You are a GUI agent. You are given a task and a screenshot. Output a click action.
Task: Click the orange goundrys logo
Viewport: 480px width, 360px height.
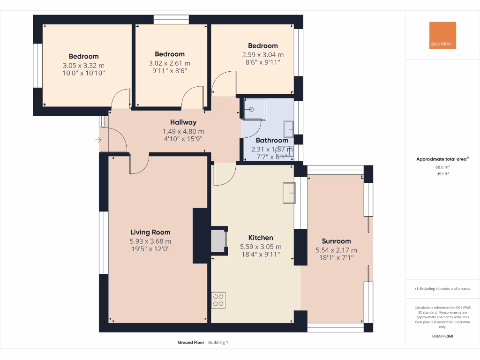[442, 35]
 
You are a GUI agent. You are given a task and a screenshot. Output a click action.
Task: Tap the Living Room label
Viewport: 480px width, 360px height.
[150, 232]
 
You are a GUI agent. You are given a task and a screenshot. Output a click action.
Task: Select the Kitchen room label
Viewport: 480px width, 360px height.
[261, 238]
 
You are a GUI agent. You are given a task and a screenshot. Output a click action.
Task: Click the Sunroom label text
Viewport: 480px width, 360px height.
[336, 241]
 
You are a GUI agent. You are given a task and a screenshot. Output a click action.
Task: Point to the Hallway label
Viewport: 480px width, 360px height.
[183, 122]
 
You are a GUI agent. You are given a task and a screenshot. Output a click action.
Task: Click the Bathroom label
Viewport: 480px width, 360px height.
[271, 140]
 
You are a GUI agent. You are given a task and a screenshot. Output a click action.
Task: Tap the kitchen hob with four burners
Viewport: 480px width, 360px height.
[218, 300]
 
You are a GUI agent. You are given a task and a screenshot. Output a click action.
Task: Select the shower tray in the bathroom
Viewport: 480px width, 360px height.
[253, 109]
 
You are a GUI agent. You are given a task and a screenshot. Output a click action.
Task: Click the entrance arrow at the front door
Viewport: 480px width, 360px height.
[98, 140]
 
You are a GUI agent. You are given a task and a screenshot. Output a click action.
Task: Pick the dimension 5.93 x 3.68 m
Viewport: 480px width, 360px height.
[150, 241]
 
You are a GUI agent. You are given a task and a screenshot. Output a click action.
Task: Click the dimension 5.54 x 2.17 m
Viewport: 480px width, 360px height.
[336, 250]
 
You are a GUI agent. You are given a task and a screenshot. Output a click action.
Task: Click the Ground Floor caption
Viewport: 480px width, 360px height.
[191, 343]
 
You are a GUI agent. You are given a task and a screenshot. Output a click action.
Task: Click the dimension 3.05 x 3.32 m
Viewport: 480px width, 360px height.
[83, 66]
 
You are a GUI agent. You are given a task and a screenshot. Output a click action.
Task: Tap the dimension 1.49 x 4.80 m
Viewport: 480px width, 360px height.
[183, 131]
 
